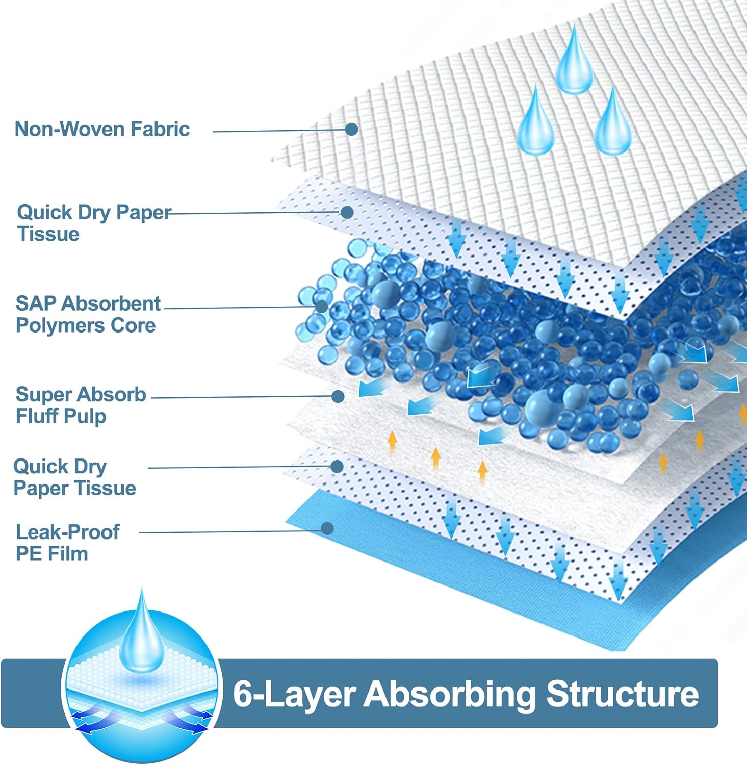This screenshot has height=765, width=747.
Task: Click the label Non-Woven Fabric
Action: (x=102, y=129)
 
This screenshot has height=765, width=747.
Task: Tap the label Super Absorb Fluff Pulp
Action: (x=81, y=405)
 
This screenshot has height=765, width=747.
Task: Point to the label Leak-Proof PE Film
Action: (x=67, y=543)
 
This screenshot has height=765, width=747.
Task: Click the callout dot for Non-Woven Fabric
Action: (x=351, y=129)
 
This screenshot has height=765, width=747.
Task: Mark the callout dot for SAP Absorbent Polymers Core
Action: (x=321, y=307)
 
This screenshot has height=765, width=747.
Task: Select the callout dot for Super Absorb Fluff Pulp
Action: (x=338, y=396)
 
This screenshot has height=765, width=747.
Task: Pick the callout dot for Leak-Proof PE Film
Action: (x=327, y=528)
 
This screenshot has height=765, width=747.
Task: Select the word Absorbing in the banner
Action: (x=449, y=694)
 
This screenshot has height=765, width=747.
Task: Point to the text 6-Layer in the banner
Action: (x=295, y=694)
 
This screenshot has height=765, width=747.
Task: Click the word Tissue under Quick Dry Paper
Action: (x=48, y=234)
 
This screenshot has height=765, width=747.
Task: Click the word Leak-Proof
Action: (x=68, y=532)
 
